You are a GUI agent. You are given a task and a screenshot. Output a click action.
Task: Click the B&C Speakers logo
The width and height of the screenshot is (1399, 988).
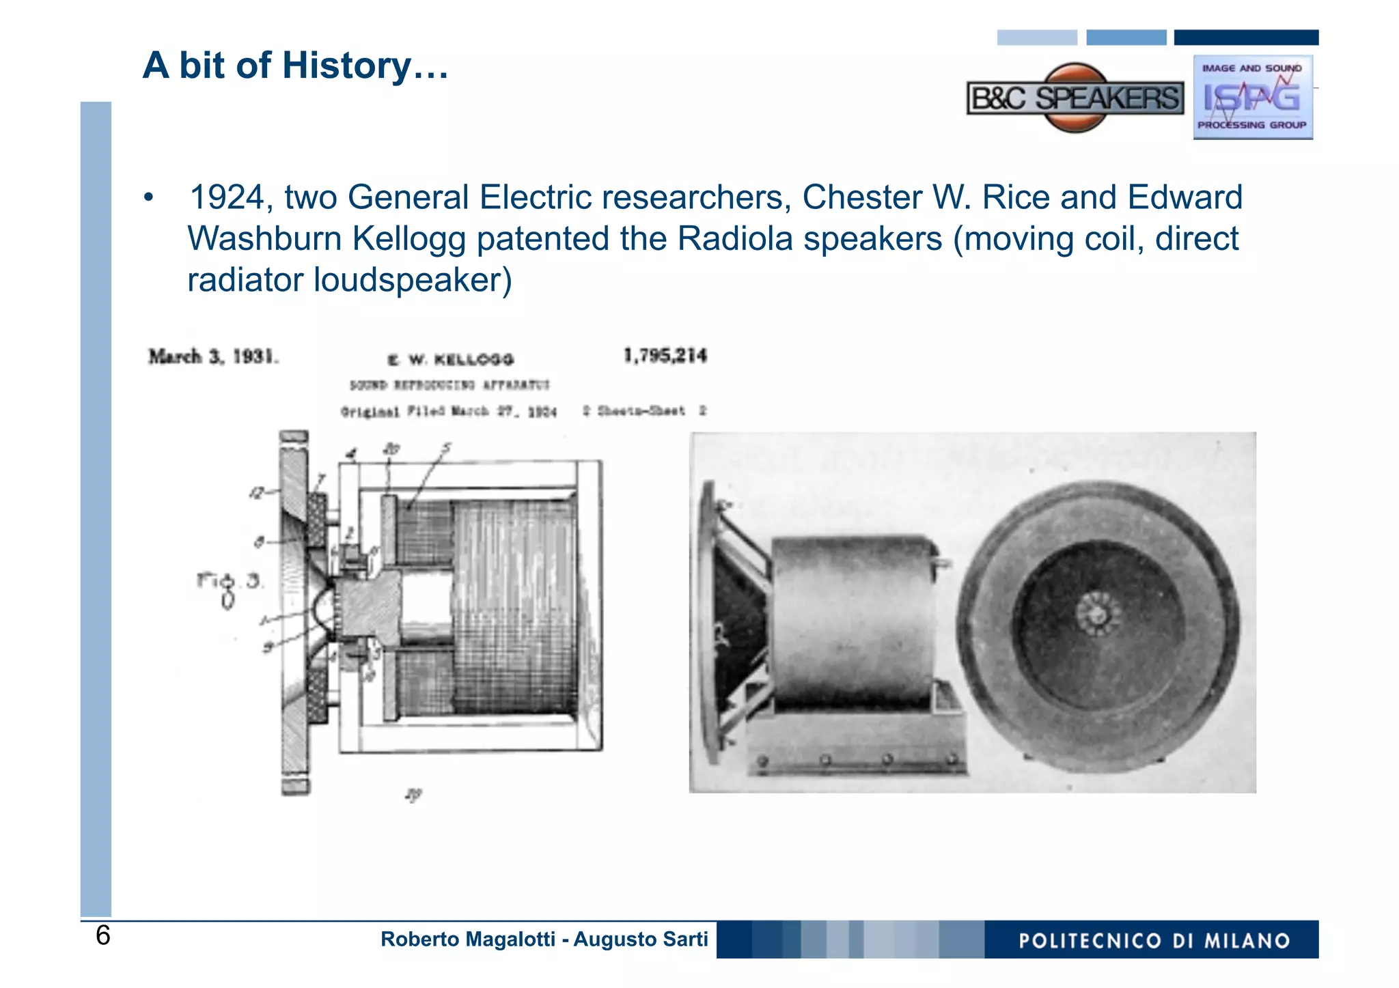pos(1075,98)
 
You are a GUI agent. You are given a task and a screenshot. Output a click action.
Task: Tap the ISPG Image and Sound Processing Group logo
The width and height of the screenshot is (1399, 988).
pos(1253,98)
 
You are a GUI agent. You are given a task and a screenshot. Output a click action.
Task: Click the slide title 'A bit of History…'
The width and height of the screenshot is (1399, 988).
pos(295,66)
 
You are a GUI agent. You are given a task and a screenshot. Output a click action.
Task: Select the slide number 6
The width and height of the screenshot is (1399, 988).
pos(102,935)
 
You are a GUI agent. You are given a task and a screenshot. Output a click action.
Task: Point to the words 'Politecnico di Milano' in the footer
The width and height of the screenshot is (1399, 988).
pos(1154,940)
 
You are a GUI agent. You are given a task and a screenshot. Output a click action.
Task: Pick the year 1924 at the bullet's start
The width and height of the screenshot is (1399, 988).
pos(226,197)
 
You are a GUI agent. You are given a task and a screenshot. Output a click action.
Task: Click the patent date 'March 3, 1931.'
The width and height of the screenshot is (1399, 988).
pos(214,356)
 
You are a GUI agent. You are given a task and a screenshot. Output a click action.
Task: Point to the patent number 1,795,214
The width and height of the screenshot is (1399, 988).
pos(665,356)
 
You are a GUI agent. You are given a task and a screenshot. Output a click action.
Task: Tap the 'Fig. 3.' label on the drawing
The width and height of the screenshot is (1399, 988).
pos(229,582)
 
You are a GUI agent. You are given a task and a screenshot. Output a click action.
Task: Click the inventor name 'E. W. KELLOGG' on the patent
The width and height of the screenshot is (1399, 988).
pos(451,359)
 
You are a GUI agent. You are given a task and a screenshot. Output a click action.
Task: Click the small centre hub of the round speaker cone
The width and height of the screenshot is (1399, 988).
pos(1098,612)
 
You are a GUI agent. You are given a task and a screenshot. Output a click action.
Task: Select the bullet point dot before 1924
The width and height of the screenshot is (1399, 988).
pos(148,198)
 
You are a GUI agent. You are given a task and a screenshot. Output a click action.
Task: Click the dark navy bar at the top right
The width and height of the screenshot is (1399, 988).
pos(1245,38)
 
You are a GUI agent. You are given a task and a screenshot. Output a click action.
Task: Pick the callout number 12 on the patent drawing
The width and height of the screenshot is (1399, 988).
pos(257,492)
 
